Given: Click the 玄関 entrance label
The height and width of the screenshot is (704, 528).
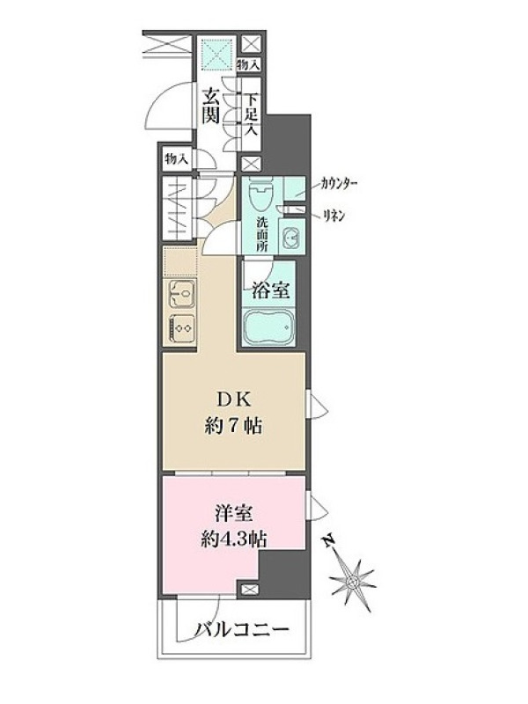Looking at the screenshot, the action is (210, 106).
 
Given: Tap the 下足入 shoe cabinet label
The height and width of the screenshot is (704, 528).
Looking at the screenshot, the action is (252, 114).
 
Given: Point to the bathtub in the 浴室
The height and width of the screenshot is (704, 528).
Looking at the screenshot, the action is (268, 327).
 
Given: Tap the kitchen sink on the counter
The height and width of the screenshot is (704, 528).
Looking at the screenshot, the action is (181, 293).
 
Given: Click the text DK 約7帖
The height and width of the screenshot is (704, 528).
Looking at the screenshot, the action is (233, 412).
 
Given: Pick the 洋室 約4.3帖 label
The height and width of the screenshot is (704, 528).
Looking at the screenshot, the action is (233, 526).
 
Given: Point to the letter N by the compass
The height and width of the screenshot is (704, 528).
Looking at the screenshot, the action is (330, 539).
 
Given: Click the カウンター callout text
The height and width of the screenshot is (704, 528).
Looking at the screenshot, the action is (339, 184).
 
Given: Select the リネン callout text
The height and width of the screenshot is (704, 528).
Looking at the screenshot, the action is (334, 216).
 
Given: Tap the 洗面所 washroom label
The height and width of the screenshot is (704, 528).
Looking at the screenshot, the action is (261, 233).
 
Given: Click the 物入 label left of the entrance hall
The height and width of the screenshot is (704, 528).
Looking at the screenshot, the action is (177, 158).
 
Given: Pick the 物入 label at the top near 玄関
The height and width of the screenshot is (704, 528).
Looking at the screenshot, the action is (248, 64).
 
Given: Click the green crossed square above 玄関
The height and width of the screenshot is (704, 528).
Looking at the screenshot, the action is (217, 55).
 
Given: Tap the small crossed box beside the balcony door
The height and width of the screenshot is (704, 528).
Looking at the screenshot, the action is (249, 590).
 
